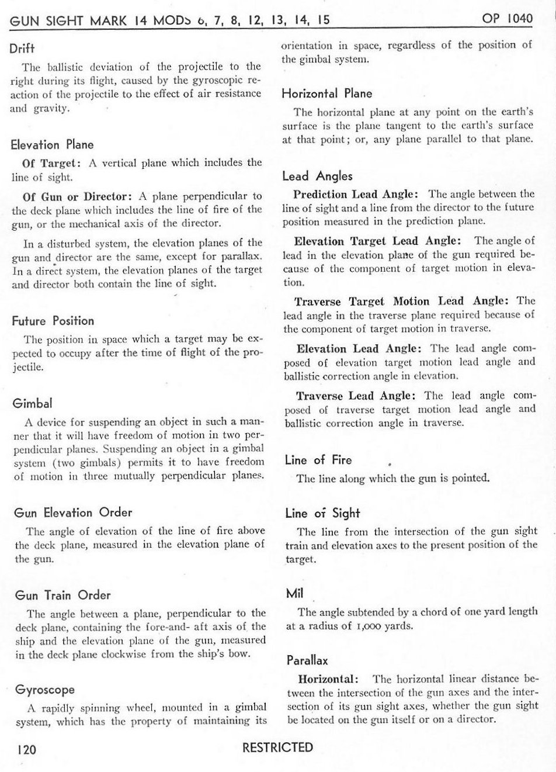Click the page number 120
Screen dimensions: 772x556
26,749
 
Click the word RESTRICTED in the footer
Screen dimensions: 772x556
277,747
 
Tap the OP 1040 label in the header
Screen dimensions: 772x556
508,18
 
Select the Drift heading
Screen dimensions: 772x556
22,48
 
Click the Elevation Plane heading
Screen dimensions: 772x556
52,144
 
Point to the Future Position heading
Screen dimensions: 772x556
53,321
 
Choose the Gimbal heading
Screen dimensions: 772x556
32,404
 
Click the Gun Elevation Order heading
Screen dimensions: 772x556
73,513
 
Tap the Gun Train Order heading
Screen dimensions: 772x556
62,596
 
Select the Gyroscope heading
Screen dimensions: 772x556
45,690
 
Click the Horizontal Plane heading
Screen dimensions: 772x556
326,94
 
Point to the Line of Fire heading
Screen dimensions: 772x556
318,460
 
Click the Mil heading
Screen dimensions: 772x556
294,594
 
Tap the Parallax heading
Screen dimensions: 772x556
307,661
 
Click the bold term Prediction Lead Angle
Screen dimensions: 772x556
355,194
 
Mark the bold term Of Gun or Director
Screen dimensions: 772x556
76,196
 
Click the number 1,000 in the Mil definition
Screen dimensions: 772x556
366,626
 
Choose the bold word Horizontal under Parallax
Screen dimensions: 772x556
327,679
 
